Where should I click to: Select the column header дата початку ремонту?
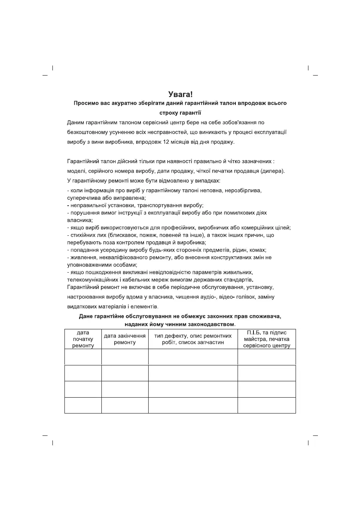83,339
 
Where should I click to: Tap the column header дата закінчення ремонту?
125,339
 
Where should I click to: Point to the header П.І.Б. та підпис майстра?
266,339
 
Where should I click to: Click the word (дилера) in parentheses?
272,171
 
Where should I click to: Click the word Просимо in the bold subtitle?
86,103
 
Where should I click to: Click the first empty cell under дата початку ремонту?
83,357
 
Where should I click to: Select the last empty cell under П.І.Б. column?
266,405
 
